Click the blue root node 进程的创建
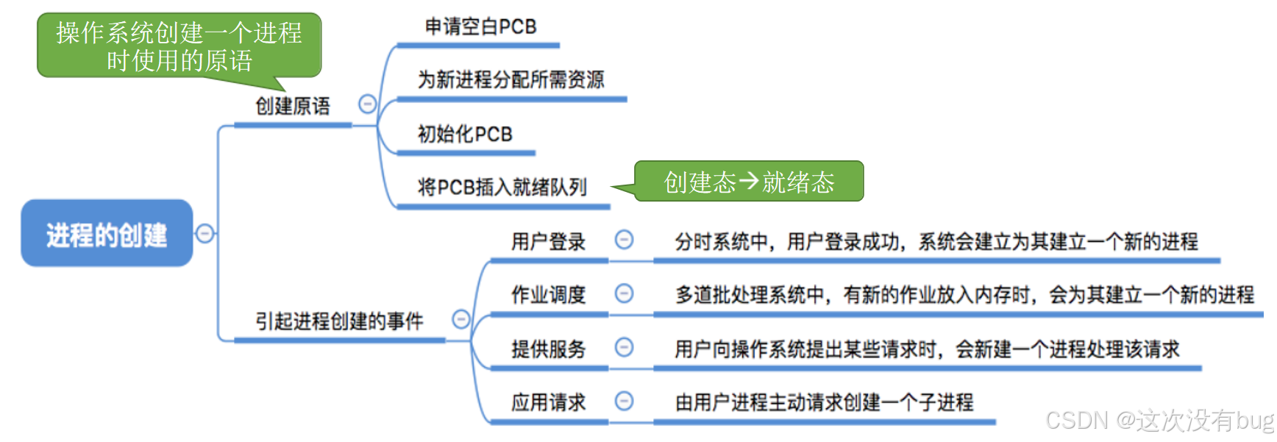[x=107, y=234]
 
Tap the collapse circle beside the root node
[x=205, y=234]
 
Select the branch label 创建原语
[x=293, y=107]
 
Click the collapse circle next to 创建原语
[x=367, y=104]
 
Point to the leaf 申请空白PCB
[x=480, y=27]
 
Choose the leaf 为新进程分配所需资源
[x=511, y=79]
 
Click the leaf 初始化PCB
[x=465, y=134]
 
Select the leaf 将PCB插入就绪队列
[x=502, y=188]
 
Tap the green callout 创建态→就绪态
[x=749, y=182]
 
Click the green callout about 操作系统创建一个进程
[x=179, y=46]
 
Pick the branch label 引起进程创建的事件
[x=339, y=321]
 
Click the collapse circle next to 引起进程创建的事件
[x=461, y=319]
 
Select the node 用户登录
[x=548, y=241]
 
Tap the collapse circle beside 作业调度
[x=624, y=293]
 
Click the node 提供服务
[x=548, y=349]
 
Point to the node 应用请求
[x=548, y=402]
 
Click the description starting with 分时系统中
[x=936, y=241]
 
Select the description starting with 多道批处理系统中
[x=964, y=295]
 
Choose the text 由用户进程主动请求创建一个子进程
[x=824, y=402]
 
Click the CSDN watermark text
[x=1159, y=421]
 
